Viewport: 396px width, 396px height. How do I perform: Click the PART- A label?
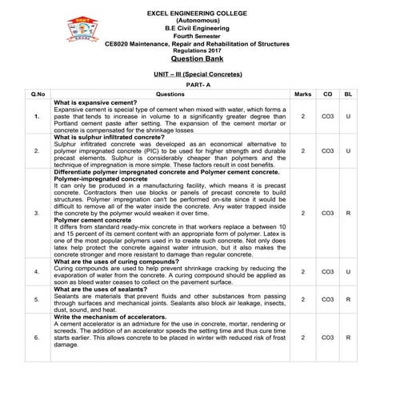(x=197, y=84)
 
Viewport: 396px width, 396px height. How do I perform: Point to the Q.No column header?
(x=37, y=94)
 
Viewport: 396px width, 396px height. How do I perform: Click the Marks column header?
(x=303, y=94)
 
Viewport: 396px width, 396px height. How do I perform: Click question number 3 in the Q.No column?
(x=37, y=214)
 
